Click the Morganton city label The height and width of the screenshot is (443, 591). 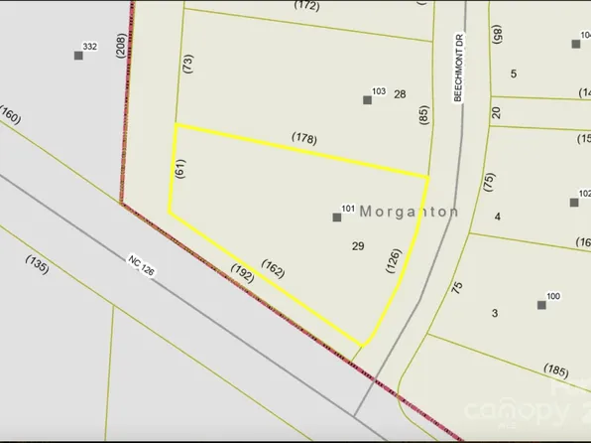coord(409,212)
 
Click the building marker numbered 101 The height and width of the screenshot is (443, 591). coord(337,216)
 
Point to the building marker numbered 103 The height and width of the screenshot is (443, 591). coord(367,99)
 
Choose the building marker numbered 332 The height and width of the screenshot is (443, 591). coord(78,55)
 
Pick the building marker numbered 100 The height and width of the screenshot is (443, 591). coord(541,304)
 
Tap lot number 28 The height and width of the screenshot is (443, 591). coord(400,94)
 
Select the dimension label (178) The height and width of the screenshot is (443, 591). coord(303,139)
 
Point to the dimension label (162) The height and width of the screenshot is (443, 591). coord(275,268)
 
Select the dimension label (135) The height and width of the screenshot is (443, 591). coord(37,265)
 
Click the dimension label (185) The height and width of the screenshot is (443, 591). coord(555,372)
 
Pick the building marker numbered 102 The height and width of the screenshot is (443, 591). coord(574,202)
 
